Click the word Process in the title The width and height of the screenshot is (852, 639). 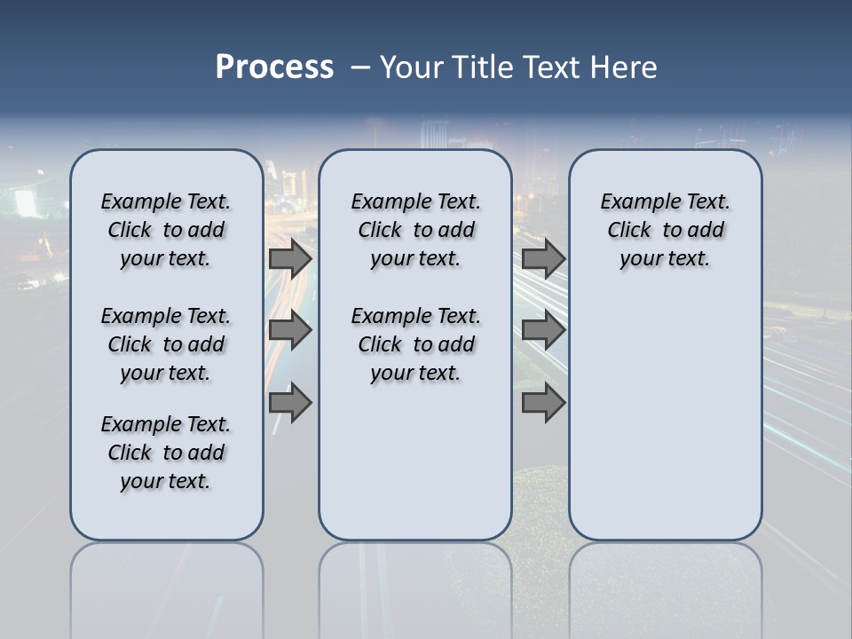point(274,67)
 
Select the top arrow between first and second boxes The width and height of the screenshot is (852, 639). point(290,258)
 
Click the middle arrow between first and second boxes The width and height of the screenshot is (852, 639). point(290,330)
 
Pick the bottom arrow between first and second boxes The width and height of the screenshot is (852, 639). point(290,403)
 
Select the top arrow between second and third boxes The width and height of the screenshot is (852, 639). point(543,258)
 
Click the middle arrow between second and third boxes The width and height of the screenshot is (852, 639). point(543,330)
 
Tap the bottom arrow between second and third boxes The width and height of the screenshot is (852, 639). point(543,403)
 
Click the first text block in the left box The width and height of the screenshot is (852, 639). point(166,230)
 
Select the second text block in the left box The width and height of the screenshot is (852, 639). point(166,344)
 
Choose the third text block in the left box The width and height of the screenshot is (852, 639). point(166,453)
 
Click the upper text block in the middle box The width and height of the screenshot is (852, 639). point(415,230)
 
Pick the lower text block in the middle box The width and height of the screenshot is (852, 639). point(415,344)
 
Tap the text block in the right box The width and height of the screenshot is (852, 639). point(665,230)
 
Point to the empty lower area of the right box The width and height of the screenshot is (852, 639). point(665,417)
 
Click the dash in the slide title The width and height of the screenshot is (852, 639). point(360,68)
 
